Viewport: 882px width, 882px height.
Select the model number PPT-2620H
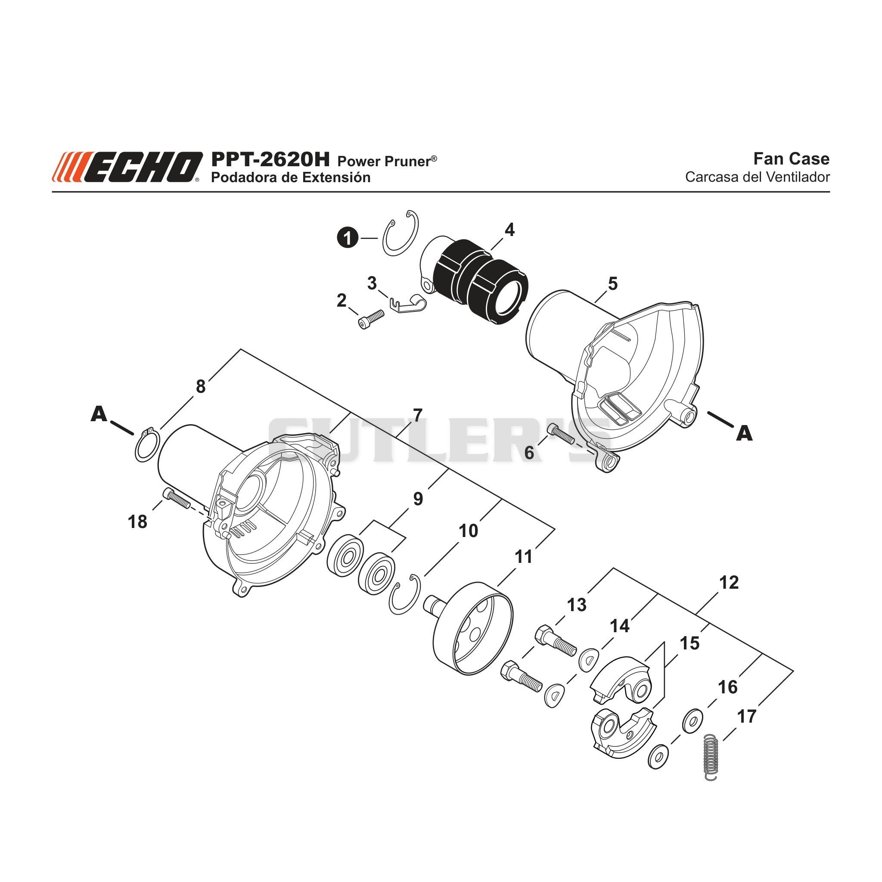270,160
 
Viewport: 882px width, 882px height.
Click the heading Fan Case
791,158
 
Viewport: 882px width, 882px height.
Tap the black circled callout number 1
348,238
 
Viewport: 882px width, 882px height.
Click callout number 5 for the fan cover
613,283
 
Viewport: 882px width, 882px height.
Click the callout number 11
524,556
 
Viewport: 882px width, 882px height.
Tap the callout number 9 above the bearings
418,499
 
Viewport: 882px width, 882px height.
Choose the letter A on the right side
744,433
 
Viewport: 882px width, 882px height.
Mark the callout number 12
729,582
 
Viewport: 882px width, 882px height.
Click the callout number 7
417,416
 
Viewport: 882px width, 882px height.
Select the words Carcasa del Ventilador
758,177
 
